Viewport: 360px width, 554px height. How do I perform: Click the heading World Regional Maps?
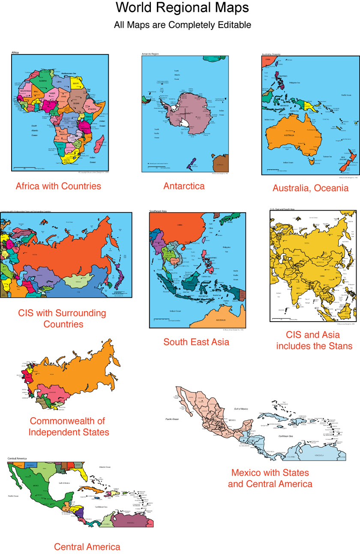click(x=182, y=8)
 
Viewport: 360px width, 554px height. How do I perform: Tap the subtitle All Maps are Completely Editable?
click(x=182, y=25)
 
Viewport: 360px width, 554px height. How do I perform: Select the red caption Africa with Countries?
click(x=58, y=186)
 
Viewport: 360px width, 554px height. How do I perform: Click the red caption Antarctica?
click(x=184, y=186)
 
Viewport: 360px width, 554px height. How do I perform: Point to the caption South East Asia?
click(x=196, y=342)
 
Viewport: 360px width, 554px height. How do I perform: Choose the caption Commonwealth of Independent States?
click(x=69, y=426)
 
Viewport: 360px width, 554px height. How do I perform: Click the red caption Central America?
click(x=87, y=547)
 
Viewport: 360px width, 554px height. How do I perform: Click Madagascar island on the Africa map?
click(x=99, y=143)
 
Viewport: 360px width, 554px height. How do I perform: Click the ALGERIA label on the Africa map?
click(x=43, y=81)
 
